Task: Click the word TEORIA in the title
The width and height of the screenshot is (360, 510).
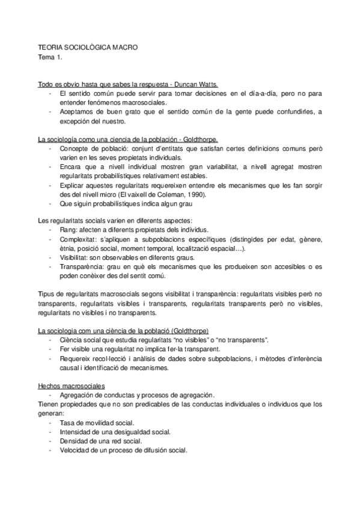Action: coord(49,46)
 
